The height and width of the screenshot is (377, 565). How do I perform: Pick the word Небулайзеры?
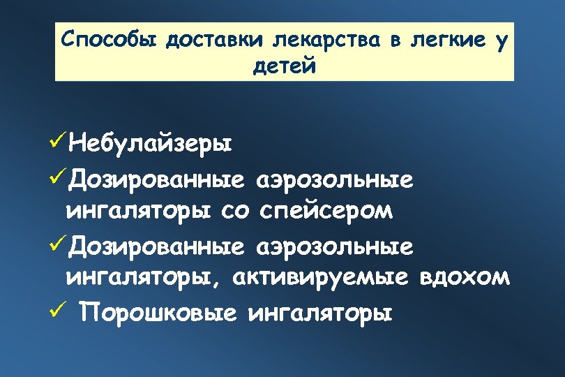[151, 145]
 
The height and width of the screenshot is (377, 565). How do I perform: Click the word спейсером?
[326, 212]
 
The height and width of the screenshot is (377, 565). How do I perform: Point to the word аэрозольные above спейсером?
[336, 180]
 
